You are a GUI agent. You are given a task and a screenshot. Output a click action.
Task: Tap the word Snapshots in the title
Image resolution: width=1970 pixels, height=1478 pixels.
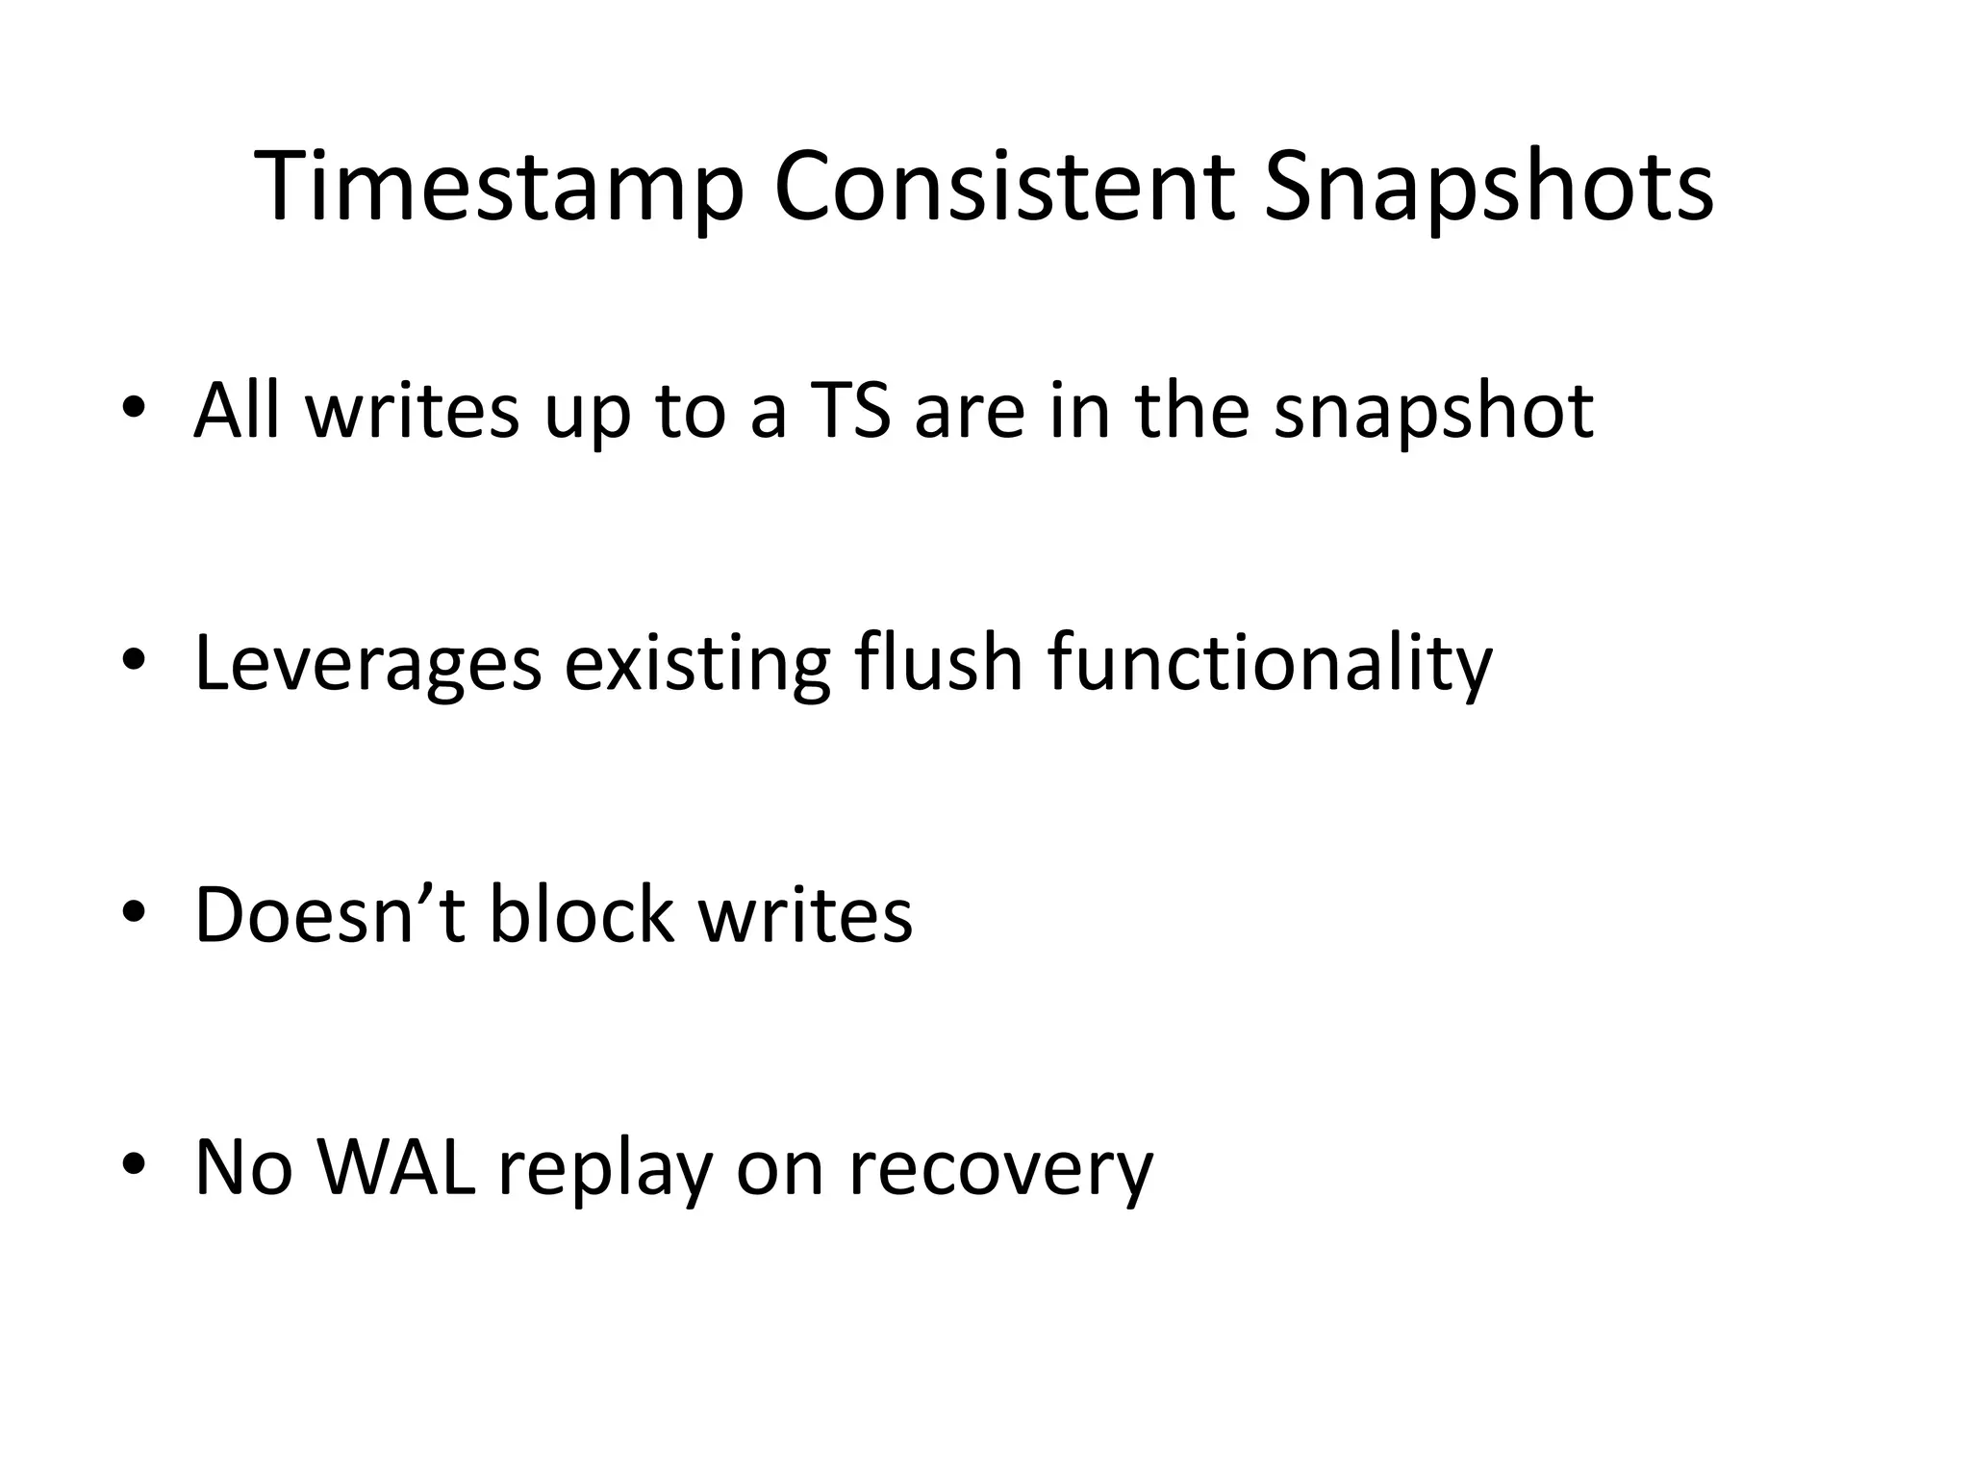(x=1488, y=188)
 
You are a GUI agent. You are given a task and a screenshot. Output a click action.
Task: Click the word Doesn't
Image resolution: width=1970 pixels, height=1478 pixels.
(x=330, y=915)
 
